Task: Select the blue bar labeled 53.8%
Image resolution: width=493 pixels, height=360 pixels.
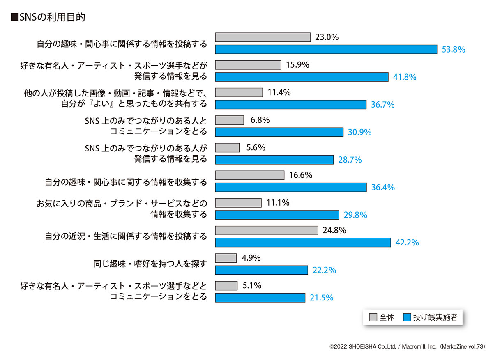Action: tap(326, 49)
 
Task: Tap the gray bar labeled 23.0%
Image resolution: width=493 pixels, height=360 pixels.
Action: tap(263, 37)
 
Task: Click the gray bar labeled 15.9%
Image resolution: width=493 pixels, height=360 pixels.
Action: tap(248, 65)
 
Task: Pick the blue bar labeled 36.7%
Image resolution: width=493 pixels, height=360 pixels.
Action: tap(291, 105)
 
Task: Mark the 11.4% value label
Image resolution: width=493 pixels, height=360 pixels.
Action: tap(279, 93)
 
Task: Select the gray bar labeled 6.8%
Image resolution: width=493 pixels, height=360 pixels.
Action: tap(230, 120)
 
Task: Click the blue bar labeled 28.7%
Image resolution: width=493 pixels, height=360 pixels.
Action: tap(274, 160)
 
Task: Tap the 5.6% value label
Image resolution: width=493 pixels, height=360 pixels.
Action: tap(256, 148)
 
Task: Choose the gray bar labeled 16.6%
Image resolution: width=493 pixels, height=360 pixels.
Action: tap(250, 175)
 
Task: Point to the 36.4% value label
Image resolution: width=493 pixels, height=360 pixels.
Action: tap(383, 188)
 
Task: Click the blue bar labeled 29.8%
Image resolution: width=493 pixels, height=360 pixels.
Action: tap(277, 215)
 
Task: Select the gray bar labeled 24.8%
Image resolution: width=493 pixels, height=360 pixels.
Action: tap(267, 230)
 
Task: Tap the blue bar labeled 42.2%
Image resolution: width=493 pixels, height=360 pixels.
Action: tap(303, 243)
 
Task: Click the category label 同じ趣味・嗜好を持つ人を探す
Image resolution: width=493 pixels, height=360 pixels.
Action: tap(150, 264)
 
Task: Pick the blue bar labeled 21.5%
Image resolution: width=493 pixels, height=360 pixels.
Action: tap(260, 298)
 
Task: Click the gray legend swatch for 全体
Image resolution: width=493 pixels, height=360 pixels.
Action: tap(373, 317)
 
